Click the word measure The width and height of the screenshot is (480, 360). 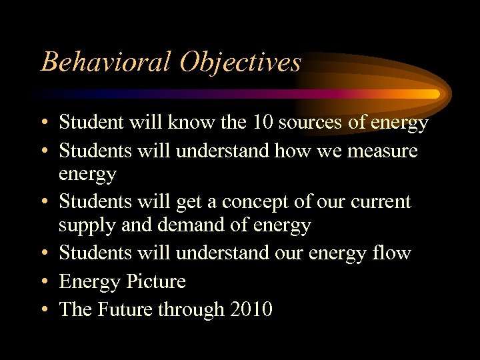click(383, 151)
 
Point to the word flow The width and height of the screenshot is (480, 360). click(393, 253)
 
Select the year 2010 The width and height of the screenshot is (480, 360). click(251, 309)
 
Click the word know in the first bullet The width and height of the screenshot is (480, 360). click(199, 122)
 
